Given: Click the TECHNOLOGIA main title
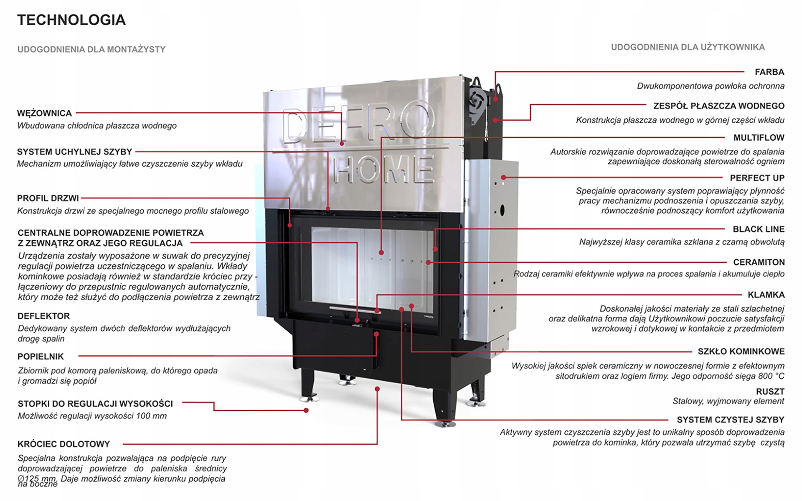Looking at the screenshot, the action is pos(71,20).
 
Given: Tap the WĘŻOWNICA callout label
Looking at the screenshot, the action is pos(44,113).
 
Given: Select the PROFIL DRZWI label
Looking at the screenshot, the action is pos(48,198).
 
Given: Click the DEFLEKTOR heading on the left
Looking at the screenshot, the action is pos(43,316).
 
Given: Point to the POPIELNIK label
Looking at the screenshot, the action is pos(41,357).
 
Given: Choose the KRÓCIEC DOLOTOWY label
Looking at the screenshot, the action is pos(63,444).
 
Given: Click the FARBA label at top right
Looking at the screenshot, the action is pos(769,72).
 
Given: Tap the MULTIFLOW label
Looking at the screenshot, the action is pos(759,138).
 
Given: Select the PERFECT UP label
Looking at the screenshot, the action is pos(757,178).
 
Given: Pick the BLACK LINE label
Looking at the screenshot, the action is pos(758,229).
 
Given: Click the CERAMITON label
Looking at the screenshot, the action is pos(759,262).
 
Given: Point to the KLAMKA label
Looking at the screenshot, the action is pos(766,295).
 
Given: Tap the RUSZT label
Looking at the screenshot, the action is pos(770,392).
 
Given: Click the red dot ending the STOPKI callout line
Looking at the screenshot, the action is pos(306,410).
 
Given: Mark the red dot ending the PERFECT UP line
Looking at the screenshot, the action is pos(503,177).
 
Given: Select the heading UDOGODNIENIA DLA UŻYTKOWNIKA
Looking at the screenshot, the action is pos(688,47).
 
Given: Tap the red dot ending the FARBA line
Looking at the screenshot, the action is pos(495,99).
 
